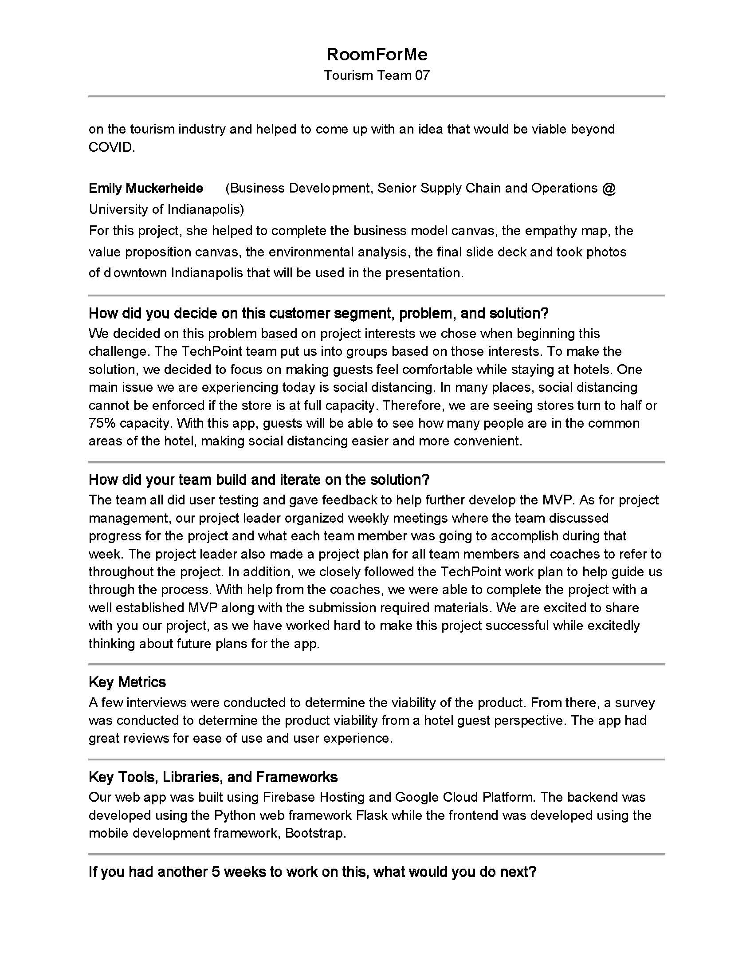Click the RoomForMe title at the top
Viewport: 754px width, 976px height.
[377, 55]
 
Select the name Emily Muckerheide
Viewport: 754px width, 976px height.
[145, 188]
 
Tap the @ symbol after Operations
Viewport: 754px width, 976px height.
[609, 188]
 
